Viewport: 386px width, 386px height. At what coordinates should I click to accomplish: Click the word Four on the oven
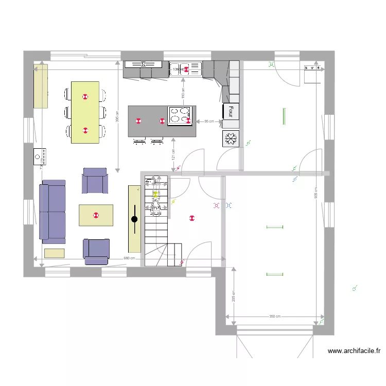pyautogui.click(x=231, y=111)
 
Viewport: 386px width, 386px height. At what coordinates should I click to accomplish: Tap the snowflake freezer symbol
pyautogui.click(x=231, y=138)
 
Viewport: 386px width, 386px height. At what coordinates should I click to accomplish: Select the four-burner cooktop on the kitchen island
pyautogui.click(x=180, y=115)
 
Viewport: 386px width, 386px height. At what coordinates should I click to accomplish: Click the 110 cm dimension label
pyautogui.click(x=182, y=93)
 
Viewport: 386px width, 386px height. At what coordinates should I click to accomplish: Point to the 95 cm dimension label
pyautogui.click(x=209, y=121)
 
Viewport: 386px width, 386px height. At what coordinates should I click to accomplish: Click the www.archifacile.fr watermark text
pyautogui.click(x=354, y=352)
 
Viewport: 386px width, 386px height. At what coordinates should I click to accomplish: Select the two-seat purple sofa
pyautogui.click(x=52, y=212)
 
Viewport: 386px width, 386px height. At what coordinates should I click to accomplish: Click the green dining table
pyautogui.click(x=85, y=112)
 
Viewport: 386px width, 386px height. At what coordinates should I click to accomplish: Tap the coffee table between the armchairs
pyautogui.click(x=96, y=215)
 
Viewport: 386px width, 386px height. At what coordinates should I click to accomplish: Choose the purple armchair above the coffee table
pyautogui.click(x=95, y=181)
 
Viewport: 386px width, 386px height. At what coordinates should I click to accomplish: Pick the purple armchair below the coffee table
pyautogui.click(x=97, y=251)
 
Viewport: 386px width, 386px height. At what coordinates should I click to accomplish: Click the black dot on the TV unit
pyautogui.click(x=134, y=219)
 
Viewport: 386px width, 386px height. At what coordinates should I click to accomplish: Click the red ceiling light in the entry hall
pyautogui.click(x=192, y=218)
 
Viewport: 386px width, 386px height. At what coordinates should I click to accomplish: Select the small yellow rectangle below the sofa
pyautogui.click(x=54, y=253)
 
